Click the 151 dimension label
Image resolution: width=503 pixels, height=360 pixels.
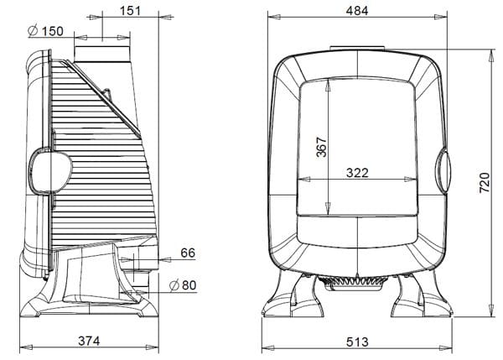coord(131,11)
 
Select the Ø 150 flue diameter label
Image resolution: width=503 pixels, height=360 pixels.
coord(45,31)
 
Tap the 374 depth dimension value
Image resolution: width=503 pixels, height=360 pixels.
coord(89,341)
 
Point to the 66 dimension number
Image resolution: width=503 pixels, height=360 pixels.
coord(188,253)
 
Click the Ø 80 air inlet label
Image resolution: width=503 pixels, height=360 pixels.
coord(183,284)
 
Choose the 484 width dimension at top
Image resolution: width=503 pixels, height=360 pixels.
coord(357,11)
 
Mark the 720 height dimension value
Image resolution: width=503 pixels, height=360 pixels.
coord(485,183)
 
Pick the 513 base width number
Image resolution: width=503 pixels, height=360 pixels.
coord(357,342)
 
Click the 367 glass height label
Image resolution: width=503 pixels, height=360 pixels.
coord(321,147)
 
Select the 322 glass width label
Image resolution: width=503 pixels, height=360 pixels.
coord(357,173)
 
